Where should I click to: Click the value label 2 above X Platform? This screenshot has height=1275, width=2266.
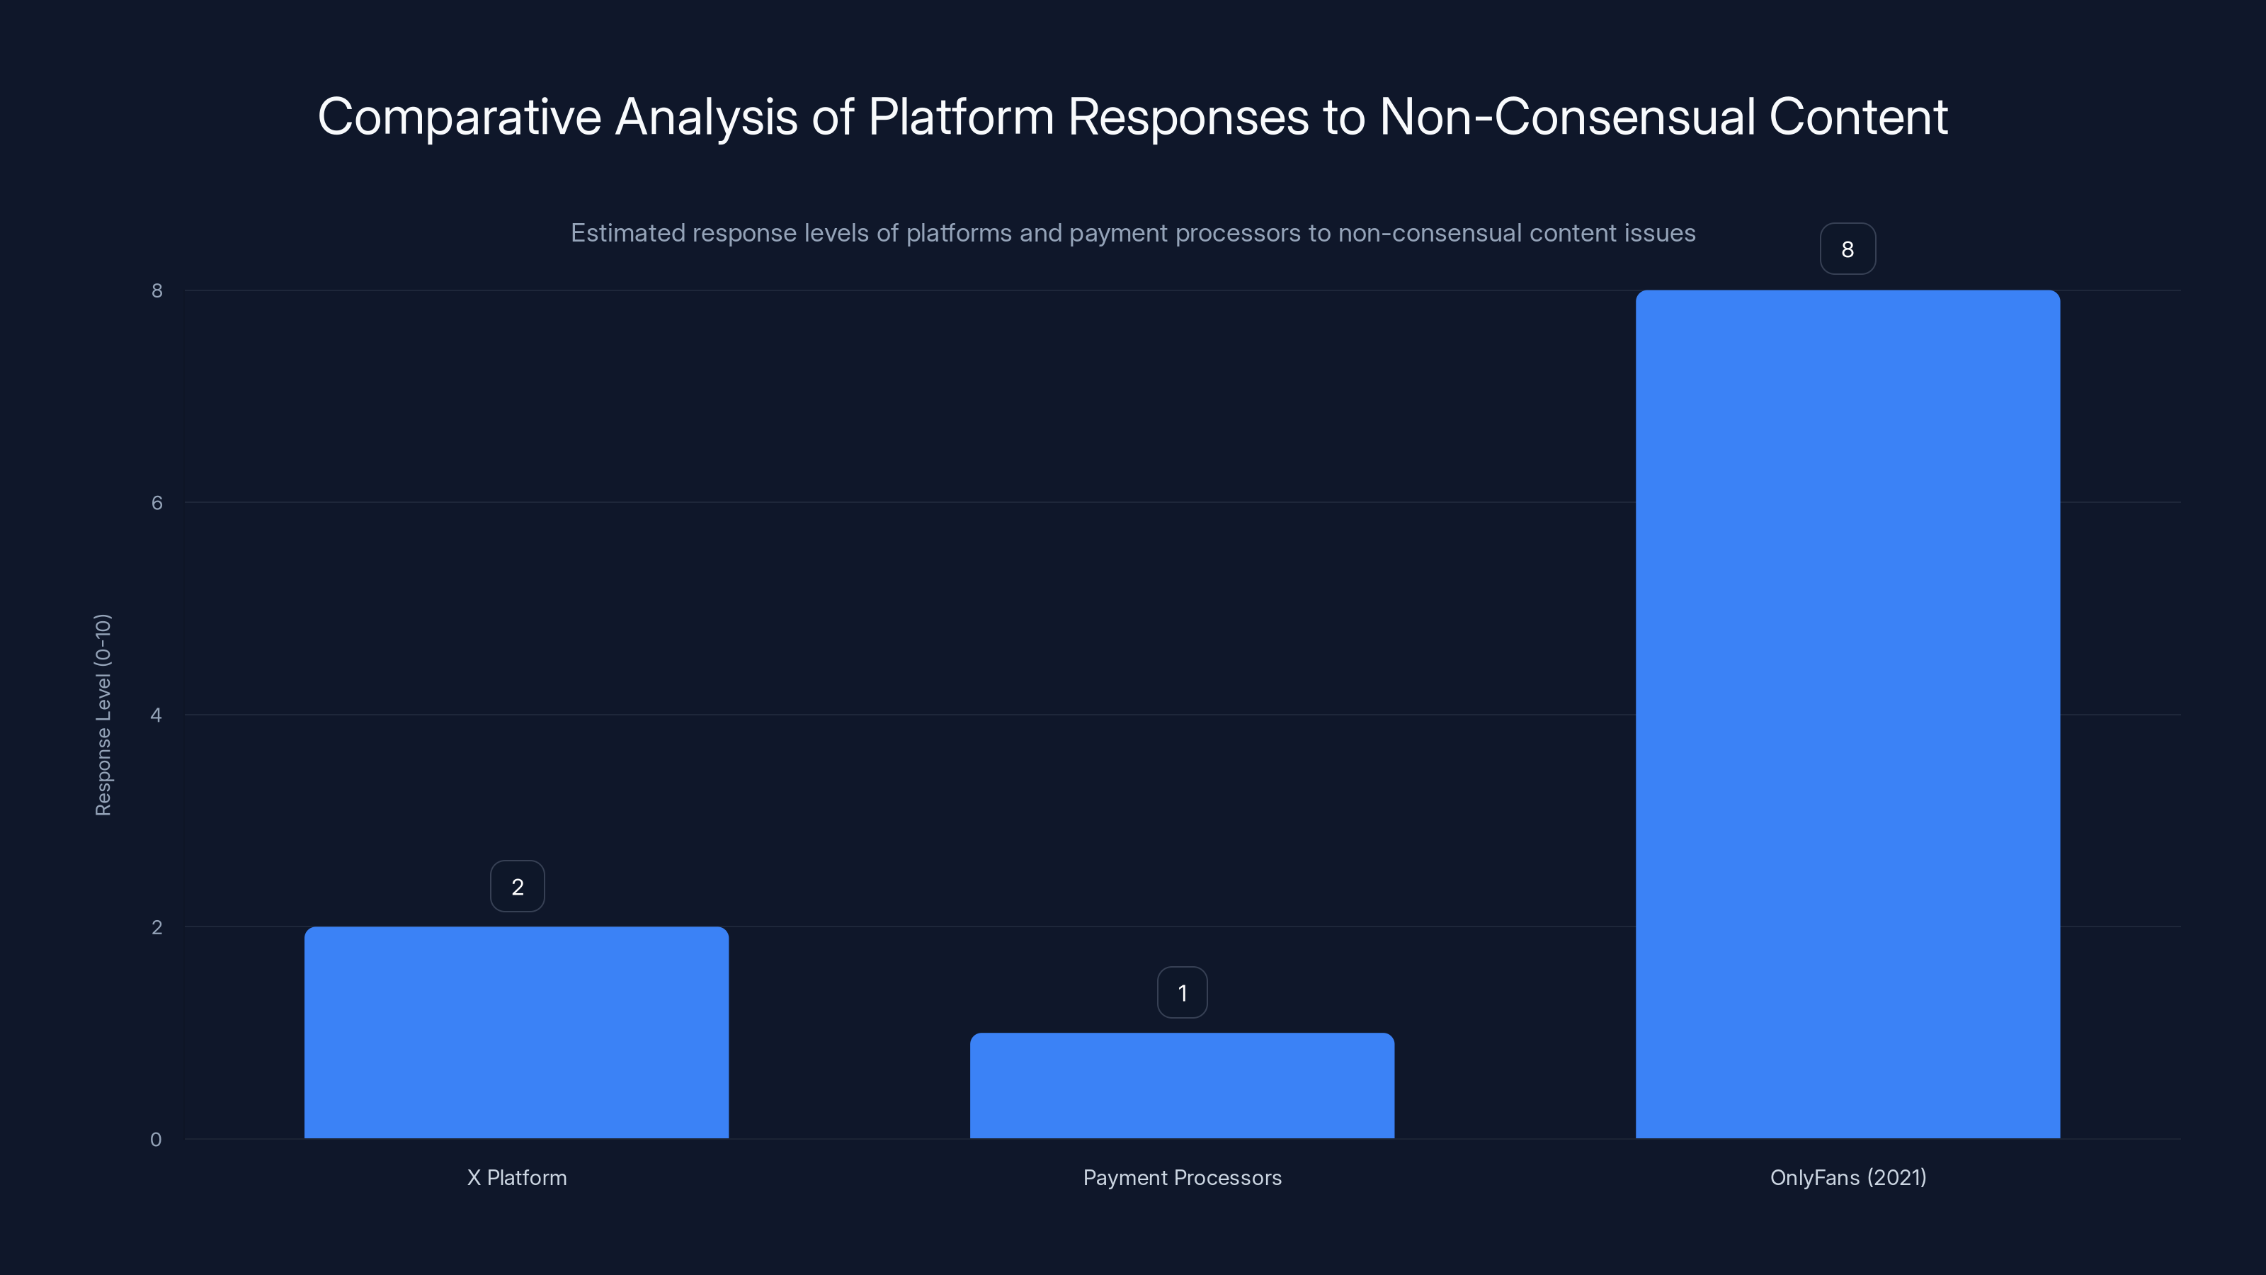tap(517, 886)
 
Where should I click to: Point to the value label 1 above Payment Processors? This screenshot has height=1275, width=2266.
tap(1183, 992)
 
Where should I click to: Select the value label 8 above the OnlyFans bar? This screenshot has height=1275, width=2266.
tap(1847, 249)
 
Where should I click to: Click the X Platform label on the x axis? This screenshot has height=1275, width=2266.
tap(516, 1177)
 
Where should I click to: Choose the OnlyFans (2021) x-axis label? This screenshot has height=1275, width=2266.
tap(1847, 1177)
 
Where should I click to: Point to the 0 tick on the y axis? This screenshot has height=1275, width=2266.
tap(156, 1140)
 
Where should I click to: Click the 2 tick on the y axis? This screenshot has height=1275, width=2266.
tap(156, 926)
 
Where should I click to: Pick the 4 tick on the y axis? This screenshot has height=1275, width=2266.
tap(156, 715)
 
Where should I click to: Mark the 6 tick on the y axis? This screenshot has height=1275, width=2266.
tap(156, 502)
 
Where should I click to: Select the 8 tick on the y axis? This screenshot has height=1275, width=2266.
tap(156, 290)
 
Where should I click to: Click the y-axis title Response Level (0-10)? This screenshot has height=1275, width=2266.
tap(103, 715)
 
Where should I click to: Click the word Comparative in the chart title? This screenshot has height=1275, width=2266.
tap(458, 117)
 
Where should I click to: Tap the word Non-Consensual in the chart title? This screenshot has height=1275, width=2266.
tap(1566, 117)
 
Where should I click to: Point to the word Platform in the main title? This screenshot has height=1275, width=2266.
tap(961, 117)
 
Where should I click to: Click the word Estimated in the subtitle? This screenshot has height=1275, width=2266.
tap(627, 233)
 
